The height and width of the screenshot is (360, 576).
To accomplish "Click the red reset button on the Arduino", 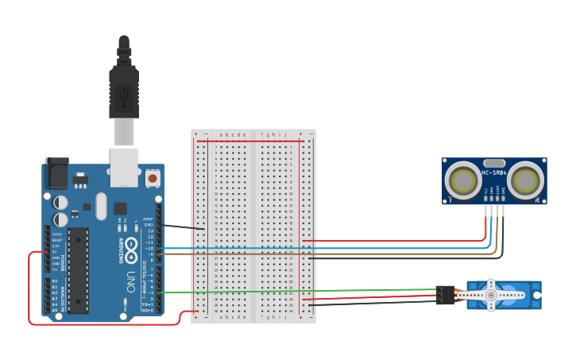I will click(153, 177).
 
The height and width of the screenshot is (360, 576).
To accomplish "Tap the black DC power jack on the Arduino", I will click(56, 172).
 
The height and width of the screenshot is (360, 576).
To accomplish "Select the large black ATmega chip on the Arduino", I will click(78, 270).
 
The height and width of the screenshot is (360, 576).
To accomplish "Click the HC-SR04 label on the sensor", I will click(493, 173).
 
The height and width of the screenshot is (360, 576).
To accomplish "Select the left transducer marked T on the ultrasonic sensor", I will click(461, 181).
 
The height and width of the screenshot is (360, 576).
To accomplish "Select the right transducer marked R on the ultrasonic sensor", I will click(526, 181).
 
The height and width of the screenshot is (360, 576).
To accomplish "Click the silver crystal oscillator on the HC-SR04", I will click(493, 163).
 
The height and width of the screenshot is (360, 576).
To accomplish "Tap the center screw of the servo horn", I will click(491, 296).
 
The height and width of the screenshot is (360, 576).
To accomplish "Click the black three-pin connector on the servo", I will click(445, 295).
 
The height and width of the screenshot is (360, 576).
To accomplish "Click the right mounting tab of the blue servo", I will click(536, 295).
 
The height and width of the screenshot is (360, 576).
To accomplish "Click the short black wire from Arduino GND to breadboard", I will click(183, 227).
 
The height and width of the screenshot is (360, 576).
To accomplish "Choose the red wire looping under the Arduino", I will click(95, 324).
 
